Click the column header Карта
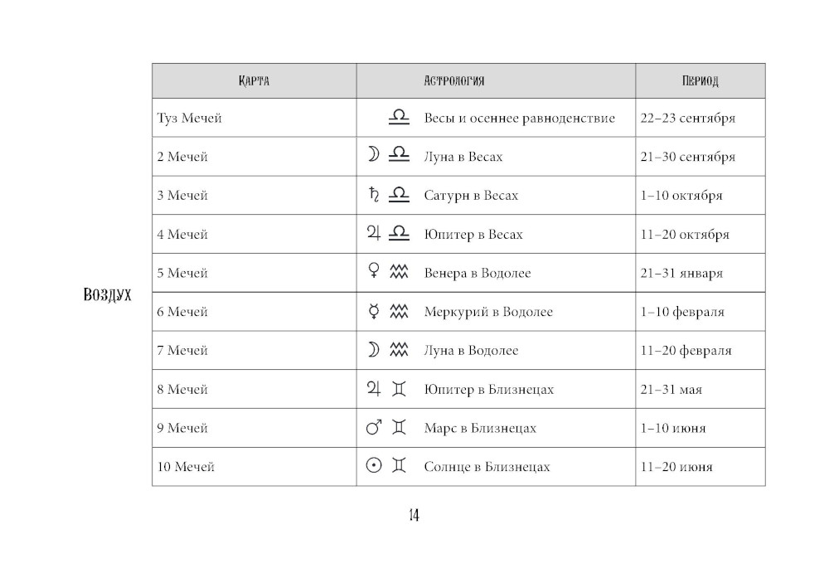(x=254, y=81)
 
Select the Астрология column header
(x=453, y=81)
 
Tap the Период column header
(x=700, y=81)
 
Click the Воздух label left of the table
(x=108, y=294)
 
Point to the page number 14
(x=414, y=516)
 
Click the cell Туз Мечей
(x=190, y=118)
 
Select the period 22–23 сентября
(x=687, y=118)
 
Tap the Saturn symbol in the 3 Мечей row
(x=373, y=195)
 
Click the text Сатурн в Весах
(x=471, y=196)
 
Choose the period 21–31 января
(x=681, y=273)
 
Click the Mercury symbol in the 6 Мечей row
(x=373, y=312)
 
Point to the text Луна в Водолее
(x=471, y=351)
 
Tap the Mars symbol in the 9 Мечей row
(x=373, y=428)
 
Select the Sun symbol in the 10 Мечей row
(x=373, y=466)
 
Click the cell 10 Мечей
(x=186, y=467)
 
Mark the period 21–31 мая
(x=671, y=390)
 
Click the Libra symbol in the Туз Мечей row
(x=399, y=118)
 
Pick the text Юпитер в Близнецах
(x=488, y=390)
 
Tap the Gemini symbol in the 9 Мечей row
(x=400, y=428)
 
